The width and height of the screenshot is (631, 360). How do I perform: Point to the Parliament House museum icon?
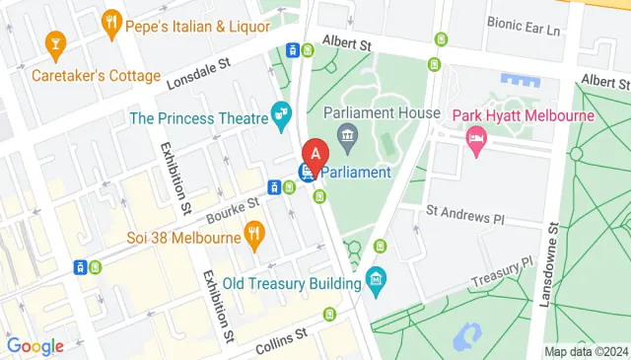(346, 134)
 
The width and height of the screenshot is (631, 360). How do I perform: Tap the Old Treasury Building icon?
(376, 281)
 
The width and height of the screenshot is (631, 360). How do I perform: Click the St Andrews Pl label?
(464, 212)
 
